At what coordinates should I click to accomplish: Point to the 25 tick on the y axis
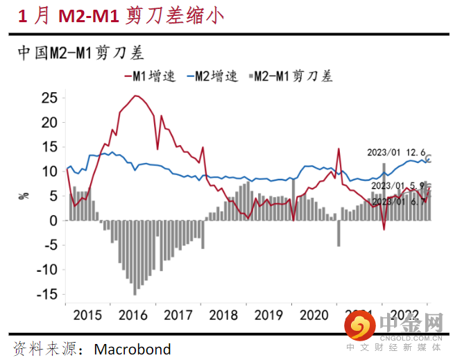coord(48,97)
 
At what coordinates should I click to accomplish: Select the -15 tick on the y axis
coord(46,294)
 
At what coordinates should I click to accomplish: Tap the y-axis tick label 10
coord(48,171)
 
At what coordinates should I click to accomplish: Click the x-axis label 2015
coord(87,315)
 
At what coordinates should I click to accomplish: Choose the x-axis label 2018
coord(224,315)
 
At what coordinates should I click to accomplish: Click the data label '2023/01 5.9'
coord(398,186)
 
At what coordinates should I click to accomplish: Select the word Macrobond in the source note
coord(132,348)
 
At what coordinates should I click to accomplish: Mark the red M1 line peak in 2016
coord(136,96)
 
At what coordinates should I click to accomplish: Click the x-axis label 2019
coord(269,315)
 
